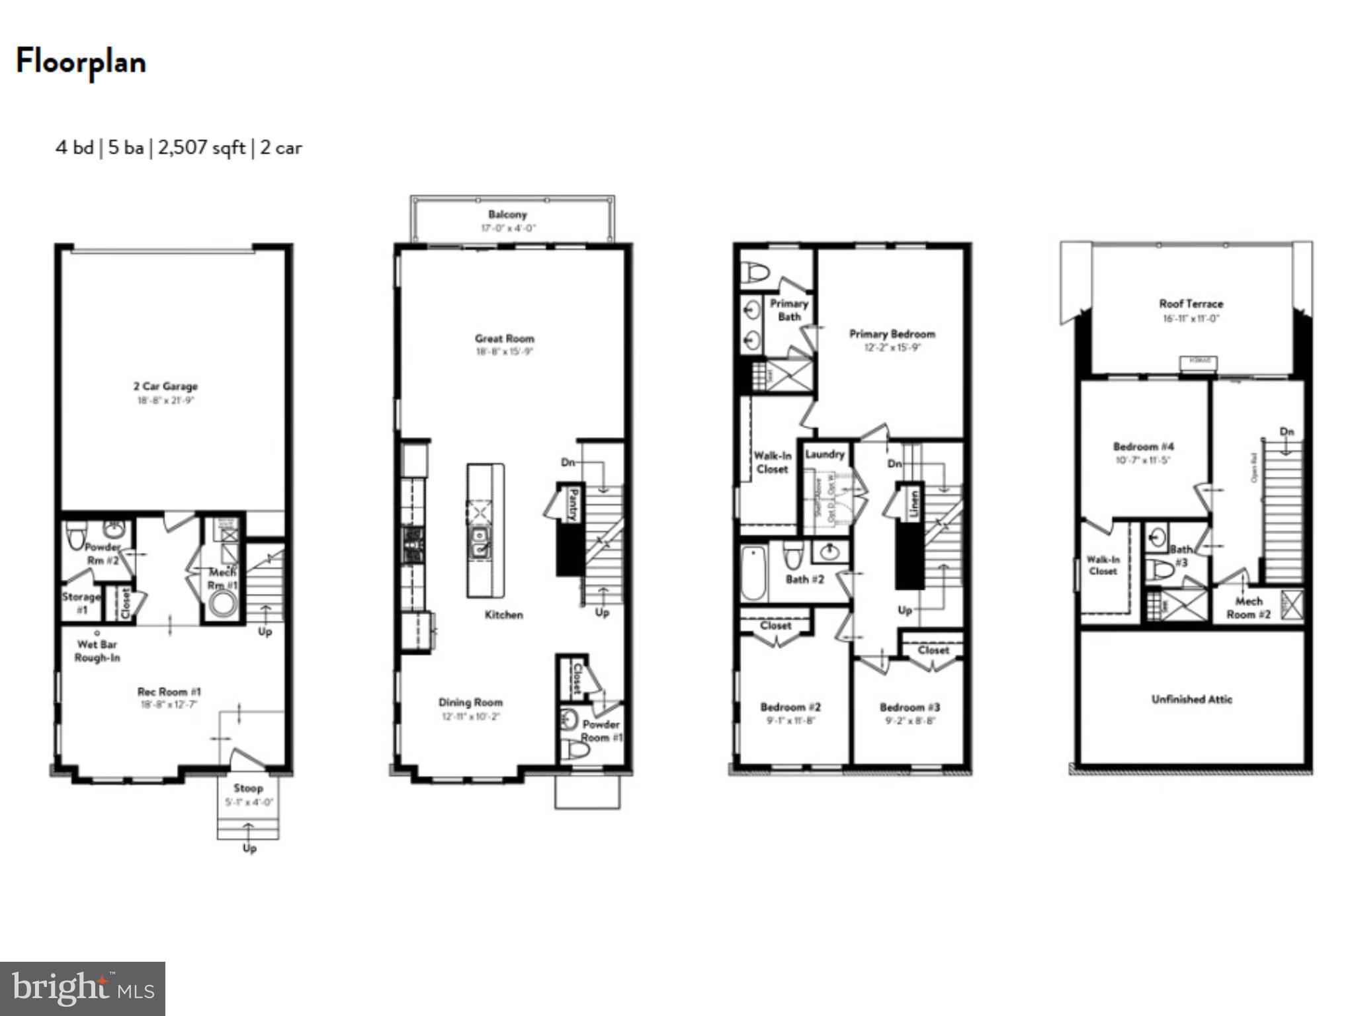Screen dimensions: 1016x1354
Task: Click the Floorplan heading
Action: pyautogui.click(x=81, y=62)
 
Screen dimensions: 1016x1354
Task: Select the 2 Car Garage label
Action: pyautogui.click(x=165, y=386)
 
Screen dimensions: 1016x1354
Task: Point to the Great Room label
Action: pyautogui.click(x=504, y=339)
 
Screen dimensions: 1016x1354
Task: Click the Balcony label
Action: pyautogui.click(x=507, y=214)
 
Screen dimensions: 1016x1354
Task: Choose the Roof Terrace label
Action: pyautogui.click(x=1191, y=304)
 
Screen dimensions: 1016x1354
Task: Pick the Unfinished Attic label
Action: pyautogui.click(x=1191, y=699)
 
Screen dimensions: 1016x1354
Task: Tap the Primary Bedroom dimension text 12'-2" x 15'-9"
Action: pyautogui.click(x=892, y=348)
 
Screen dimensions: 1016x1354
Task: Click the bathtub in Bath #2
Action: pyautogui.click(x=753, y=573)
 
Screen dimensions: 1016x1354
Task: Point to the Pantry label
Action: pyautogui.click(x=573, y=504)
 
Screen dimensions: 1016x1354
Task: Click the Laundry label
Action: pyautogui.click(x=824, y=454)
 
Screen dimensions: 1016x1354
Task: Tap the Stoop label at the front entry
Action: pyautogui.click(x=248, y=788)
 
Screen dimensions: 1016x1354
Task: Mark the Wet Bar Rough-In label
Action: pyautogui.click(x=97, y=651)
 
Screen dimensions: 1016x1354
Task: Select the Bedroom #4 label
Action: pyautogui.click(x=1144, y=446)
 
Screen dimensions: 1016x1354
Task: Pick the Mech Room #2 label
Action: pyautogui.click(x=1248, y=608)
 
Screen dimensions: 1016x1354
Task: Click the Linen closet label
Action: pyautogui.click(x=914, y=504)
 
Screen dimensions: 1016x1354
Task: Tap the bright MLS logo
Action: pyautogui.click(x=83, y=989)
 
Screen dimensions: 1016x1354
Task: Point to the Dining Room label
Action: pyautogui.click(x=470, y=702)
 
